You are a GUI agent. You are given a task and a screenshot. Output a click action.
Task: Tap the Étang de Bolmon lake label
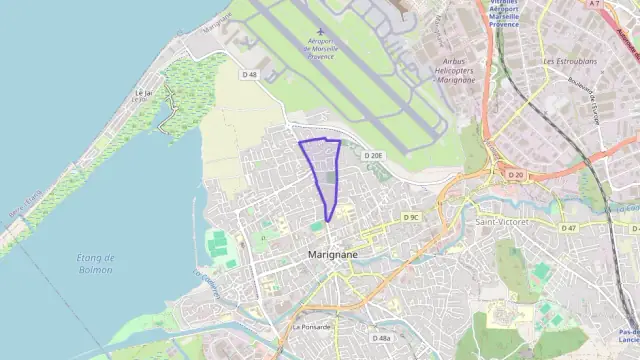click(x=95, y=263)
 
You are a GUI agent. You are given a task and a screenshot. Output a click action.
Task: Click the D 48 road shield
click(x=250, y=74)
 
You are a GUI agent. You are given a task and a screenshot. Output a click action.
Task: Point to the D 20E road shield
click(x=372, y=156)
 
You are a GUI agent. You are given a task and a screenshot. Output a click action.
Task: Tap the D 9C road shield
click(x=411, y=217)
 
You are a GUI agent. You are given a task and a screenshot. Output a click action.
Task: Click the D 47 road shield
click(x=569, y=228)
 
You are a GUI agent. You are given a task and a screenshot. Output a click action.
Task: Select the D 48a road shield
click(x=381, y=338)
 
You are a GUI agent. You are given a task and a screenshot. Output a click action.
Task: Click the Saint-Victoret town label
click(x=504, y=221)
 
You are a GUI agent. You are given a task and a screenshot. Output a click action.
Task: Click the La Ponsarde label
click(x=311, y=326)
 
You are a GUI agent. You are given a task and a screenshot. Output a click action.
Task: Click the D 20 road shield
click(x=515, y=174)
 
